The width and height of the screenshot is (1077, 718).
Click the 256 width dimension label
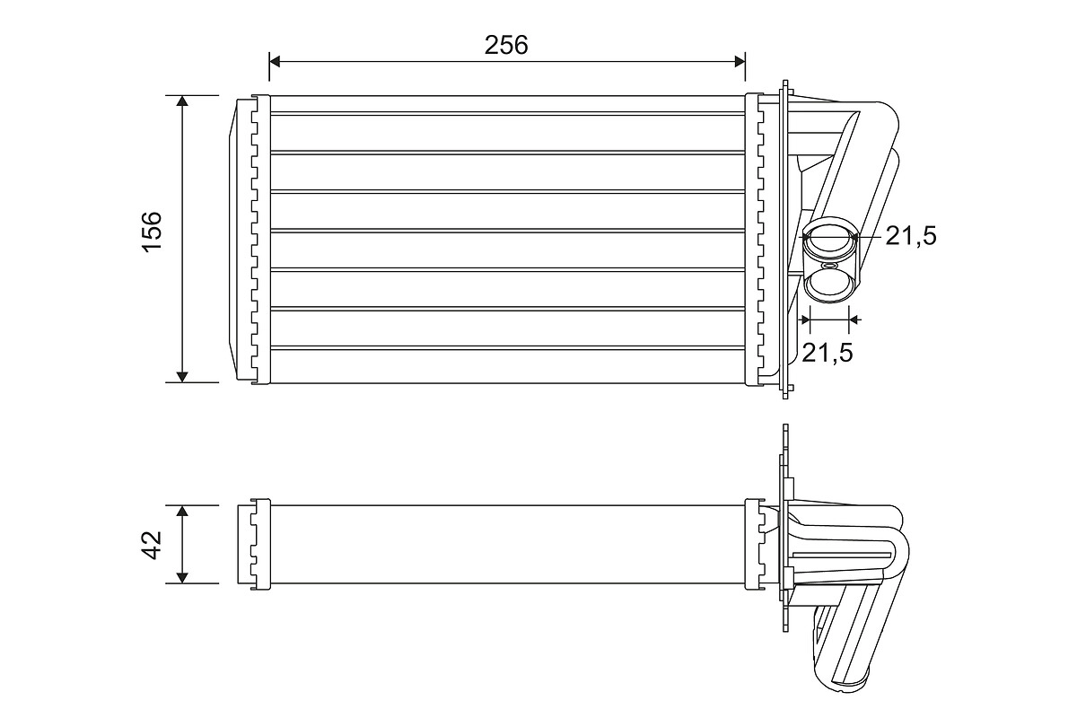click(506, 45)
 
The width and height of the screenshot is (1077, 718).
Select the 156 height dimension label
click(152, 232)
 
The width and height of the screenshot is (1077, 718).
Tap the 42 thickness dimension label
click(152, 544)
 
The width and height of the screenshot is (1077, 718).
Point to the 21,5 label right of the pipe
click(910, 236)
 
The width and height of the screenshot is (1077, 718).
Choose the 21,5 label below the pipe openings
click(827, 353)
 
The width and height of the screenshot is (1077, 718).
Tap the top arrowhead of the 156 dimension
click(182, 101)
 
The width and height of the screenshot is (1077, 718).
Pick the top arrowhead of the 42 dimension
click(182, 512)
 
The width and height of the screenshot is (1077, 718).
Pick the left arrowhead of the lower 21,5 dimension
click(803, 319)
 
